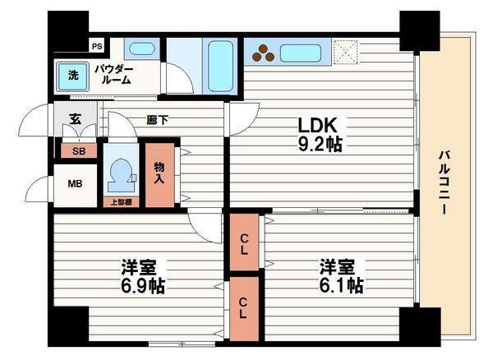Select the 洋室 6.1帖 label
click(x=341, y=276)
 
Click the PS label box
click(x=97, y=46)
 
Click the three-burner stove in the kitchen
click(x=263, y=53)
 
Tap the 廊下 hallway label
click(x=157, y=120)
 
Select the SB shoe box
click(x=78, y=150)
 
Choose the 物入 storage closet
click(x=159, y=173)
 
